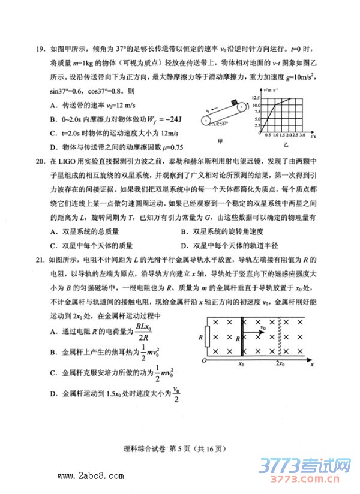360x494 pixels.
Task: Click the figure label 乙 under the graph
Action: coord(286,145)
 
